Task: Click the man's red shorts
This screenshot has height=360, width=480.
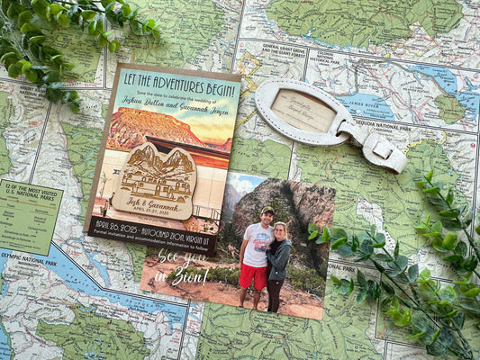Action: pos(254,277)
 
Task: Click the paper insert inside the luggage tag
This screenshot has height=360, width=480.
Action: pos(303,110)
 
